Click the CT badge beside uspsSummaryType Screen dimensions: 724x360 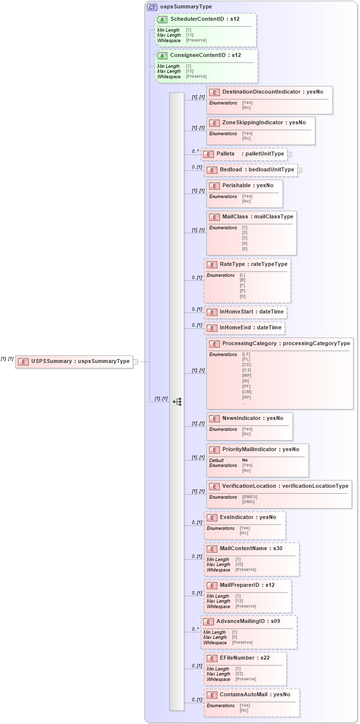153,7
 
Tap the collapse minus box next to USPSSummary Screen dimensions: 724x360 135,362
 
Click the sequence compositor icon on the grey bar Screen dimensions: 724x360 177,402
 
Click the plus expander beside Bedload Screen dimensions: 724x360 300,170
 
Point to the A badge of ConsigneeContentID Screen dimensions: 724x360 162,55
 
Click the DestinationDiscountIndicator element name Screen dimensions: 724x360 272,92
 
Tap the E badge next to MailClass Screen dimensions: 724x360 214,217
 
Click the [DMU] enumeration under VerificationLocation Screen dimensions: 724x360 248,502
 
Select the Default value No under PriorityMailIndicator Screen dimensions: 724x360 245,460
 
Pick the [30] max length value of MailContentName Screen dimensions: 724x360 239,565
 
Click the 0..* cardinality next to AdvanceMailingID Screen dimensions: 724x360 195,629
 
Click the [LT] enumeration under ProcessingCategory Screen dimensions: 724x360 246,355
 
